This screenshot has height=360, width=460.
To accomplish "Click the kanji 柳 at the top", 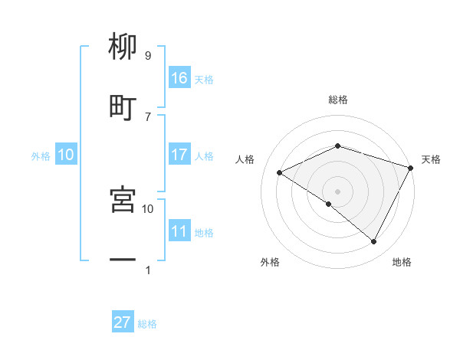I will pyautogui.click(x=123, y=47).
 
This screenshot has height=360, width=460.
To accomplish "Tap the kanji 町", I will pyautogui.click(x=123, y=107).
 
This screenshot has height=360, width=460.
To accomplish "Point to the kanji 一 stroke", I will pyautogui.click(x=123, y=260).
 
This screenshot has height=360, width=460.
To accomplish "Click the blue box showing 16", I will pyautogui.click(x=179, y=78).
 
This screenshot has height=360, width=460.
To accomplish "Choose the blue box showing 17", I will pyautogui.click(x=179, y=155).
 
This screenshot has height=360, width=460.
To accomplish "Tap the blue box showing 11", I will pyautogui.click(x=179, y=231).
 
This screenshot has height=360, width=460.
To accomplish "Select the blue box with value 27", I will pyautogui.click(x=123, y=322).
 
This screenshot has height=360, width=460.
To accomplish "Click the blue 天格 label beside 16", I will pyautogui.click(x=204, y=79).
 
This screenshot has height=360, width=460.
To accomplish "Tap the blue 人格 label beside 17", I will pyautogui.click(x=204, y=155).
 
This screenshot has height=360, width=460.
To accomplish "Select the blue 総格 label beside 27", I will pyautogui.click(x=147, y=323).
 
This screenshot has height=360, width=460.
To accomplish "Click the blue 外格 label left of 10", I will pyautogui.click(x=41, y=155).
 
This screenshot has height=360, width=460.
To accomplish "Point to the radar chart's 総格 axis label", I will pyautogui.click(x=337, y=100).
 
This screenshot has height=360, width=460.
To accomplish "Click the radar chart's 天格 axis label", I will pyautogui.click(x=431, y=159).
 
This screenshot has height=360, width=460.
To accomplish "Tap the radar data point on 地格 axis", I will pyautogui.click(x=374, y=241).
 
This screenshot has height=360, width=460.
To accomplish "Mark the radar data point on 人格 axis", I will pyautogui.click(x=280, y=172).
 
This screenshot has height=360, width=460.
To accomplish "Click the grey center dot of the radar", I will pyautogui.click(x=337, y=191).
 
